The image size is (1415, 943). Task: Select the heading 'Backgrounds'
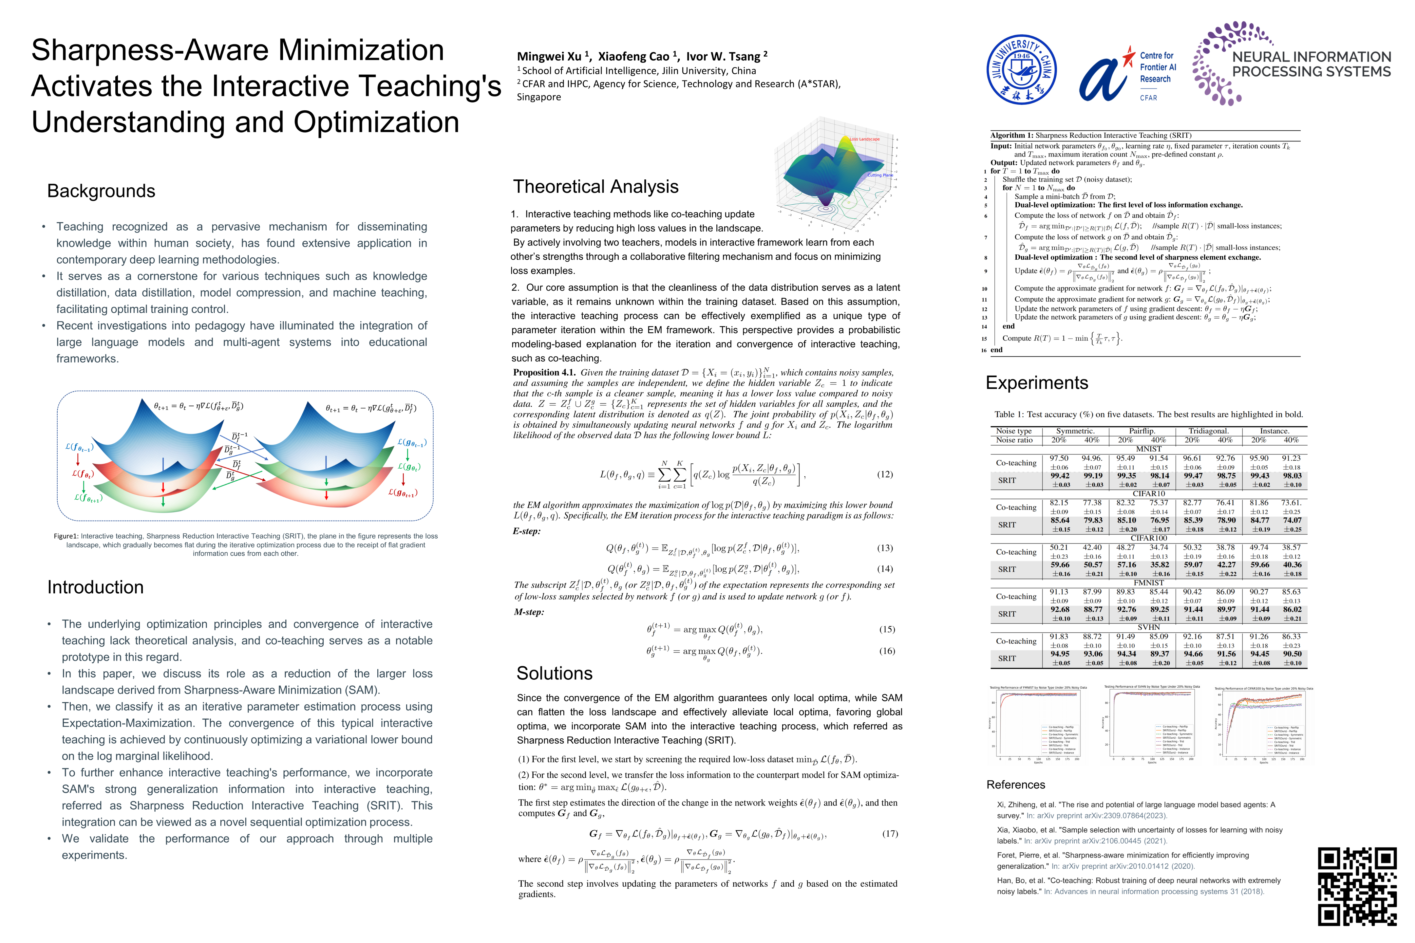click(x=101, y=191)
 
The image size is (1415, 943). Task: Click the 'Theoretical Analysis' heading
click(x=595, y=187)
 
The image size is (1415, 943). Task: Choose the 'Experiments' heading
click(x=1037, y=383)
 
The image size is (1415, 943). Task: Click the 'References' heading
click(x=1015, y=785)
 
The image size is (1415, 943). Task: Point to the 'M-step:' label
click(x=528, y=612)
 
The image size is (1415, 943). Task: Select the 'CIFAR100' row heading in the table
click(x=1148, y=538)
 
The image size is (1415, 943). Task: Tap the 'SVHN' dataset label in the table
click(x=1148, y=627)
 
